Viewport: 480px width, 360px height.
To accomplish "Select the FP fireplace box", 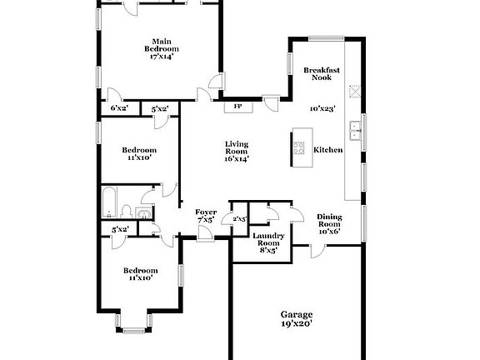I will [x=237, y=107].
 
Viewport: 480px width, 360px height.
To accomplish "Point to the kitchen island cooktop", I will [x=299, y=150].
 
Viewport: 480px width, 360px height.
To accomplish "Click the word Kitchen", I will [x=327, y=150].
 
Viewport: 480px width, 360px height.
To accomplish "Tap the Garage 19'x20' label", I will [x=296, y=319].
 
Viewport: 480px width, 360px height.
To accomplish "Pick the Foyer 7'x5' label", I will [x=206, y=216].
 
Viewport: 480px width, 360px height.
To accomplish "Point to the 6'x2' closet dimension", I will [x=119, y=108].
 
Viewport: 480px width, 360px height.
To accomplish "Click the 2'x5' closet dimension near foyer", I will [x=240, y=219].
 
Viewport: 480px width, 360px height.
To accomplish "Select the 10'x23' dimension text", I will [x=322, y=108].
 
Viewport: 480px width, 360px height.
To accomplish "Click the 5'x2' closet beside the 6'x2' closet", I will [x=160, y=108].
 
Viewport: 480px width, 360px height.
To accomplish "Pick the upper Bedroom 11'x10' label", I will [x=139, y=153].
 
